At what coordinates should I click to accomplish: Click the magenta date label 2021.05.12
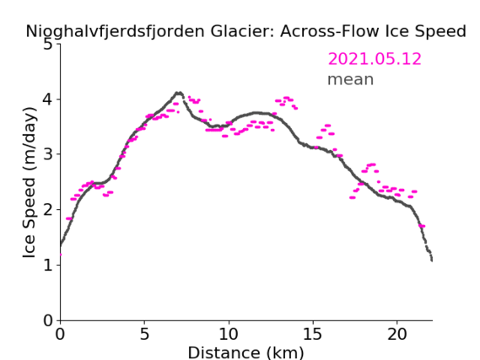[375, 59]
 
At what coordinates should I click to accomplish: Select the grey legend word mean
[351, 80]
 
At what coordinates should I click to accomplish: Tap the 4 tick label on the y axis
[48, 99]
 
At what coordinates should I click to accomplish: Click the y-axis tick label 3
[48, 154]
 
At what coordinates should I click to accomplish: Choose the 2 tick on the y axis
[48, 210]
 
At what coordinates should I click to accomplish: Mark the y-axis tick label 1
[48, 265]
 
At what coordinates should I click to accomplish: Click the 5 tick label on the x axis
[144, 334]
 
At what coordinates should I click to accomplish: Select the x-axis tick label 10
[229, 334]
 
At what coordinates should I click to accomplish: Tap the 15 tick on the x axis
[313, 334]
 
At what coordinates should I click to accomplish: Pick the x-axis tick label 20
[397, 334]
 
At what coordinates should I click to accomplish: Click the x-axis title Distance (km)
[245, 353]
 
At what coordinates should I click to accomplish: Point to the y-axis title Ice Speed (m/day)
[30, 183]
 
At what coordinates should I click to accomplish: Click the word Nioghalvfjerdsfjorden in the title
[115, 32]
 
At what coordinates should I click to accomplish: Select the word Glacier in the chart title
[242, 31]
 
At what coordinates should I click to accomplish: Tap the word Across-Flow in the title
[329, 31]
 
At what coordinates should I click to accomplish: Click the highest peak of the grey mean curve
[179, 93]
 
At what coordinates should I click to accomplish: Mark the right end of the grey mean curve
[432, 261]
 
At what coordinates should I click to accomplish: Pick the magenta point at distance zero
[61, 255]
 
